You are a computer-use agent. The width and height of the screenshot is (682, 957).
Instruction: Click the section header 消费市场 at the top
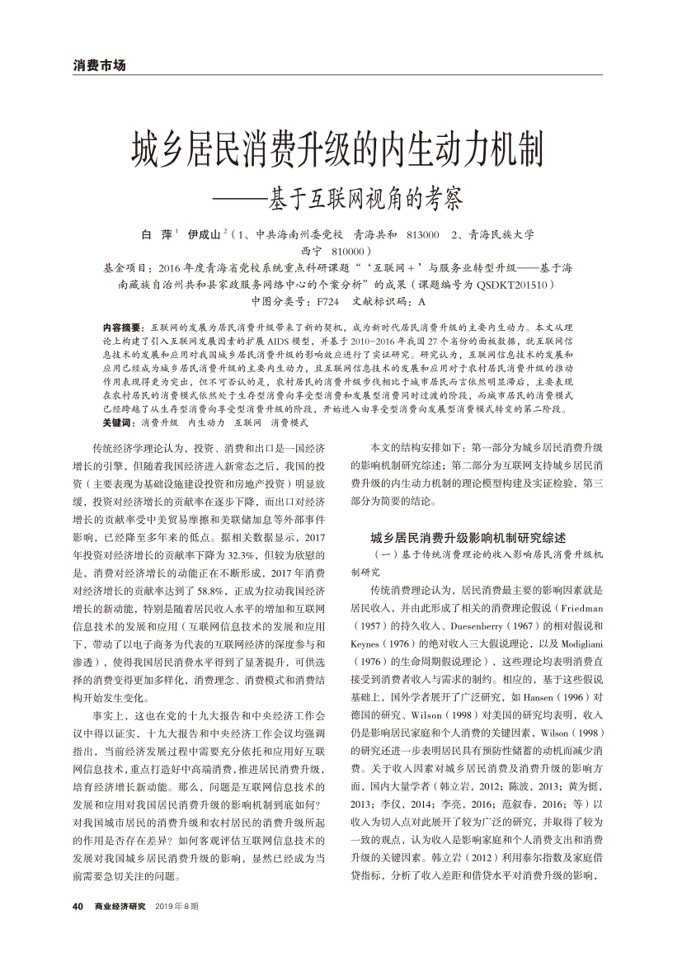pos(100,65)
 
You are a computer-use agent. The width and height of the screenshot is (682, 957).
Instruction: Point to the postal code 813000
pos(423,235)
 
